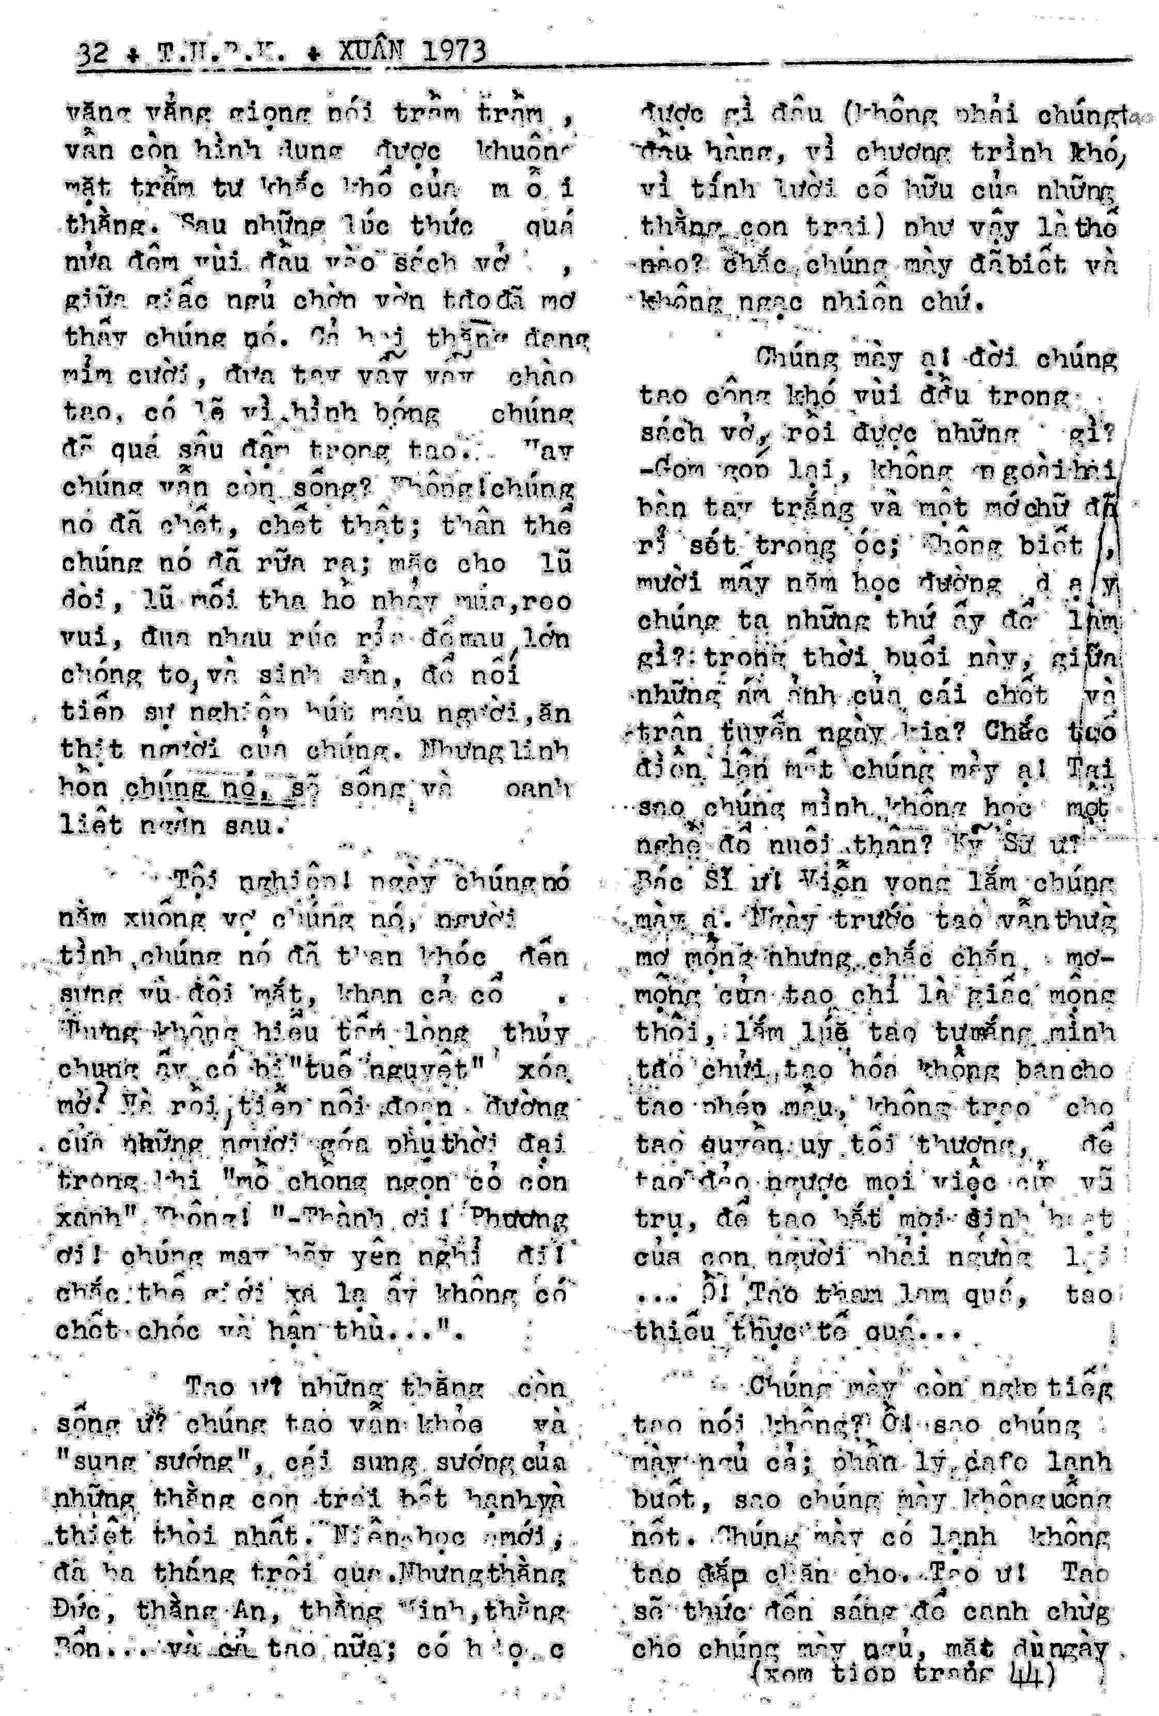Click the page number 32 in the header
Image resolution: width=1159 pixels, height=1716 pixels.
click(x=92, y=54)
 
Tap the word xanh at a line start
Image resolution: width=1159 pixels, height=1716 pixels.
click(x=88, y=1218)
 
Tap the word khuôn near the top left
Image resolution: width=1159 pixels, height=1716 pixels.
click(x=526, y=151)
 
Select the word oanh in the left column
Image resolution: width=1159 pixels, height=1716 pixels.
click(x=537, y=788)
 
